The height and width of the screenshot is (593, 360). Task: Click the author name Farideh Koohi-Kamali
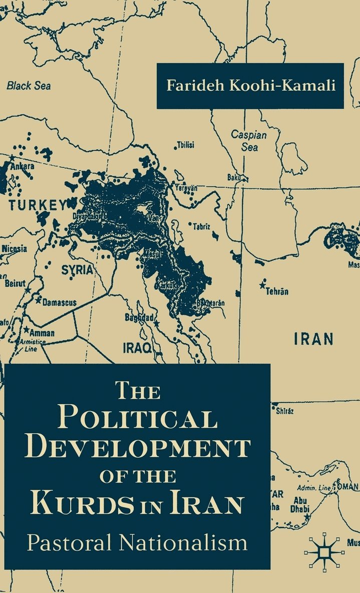(250, 85)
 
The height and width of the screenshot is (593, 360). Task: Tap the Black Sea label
(29, 85)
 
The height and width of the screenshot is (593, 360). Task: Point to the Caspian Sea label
(249, 141)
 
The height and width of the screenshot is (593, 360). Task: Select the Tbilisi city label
(185, 145)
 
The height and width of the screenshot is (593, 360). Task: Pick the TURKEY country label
(36, 204)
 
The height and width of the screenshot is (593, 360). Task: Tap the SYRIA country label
(77, 270)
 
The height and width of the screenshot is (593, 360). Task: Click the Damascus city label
(59, 303)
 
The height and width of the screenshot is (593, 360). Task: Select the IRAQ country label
(138, 348)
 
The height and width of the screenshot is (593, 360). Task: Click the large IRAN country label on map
(313, 339)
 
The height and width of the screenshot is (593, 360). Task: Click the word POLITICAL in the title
(138, 417)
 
